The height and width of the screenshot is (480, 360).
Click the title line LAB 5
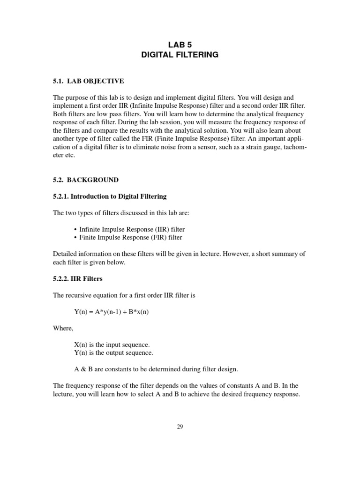180,45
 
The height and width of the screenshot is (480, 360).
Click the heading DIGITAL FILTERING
180,55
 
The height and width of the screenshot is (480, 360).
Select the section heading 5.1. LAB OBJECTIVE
88,81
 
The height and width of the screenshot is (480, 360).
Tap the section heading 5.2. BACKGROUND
85,180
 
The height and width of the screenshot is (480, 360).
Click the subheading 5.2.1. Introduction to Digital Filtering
109,196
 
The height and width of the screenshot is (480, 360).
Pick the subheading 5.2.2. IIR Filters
77,278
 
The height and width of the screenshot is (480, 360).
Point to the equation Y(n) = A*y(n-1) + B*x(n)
111,311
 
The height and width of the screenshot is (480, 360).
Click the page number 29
180,427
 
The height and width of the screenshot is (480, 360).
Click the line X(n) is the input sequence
112,345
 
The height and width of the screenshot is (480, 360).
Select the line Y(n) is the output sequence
114,352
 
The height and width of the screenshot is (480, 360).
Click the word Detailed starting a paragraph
66,254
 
